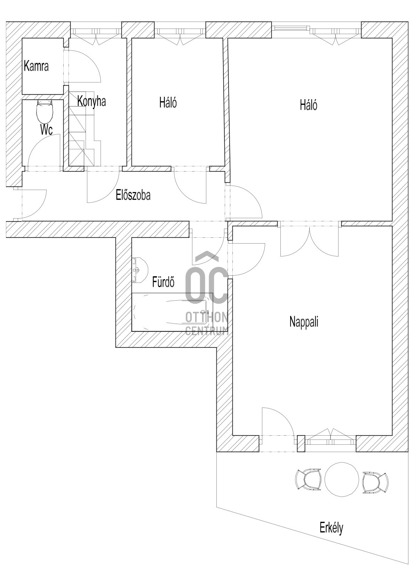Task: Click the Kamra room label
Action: coord(36,66)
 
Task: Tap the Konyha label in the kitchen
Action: coord(91,101)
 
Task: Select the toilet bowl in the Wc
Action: coord(45,112)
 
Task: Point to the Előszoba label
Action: coord(133,195)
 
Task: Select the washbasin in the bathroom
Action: coord(140,270)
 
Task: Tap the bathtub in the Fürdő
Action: coord(172,312)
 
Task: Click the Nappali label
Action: coord(304,322)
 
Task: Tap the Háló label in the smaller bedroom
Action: coord(168,103)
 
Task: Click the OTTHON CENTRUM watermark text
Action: coord(207,324)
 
